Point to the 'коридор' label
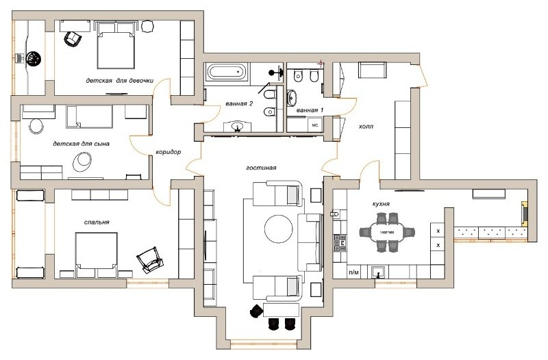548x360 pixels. point(168,153)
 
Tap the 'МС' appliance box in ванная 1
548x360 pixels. point(316,125)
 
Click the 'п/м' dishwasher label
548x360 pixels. point(354,272)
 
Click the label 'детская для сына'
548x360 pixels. point(81,144)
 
